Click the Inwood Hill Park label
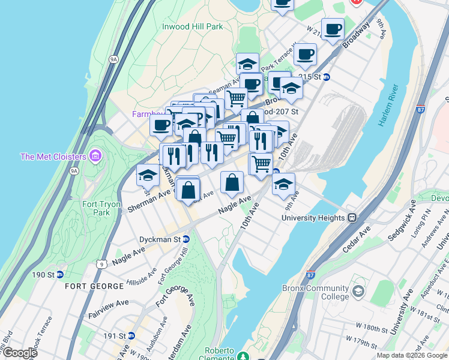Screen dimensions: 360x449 192,26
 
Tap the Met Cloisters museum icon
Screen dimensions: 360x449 95,157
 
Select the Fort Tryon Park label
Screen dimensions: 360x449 97,208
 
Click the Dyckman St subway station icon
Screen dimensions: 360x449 186,239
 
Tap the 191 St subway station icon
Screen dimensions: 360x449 131,335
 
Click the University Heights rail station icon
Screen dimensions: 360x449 353,218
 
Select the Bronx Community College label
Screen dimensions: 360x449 315,292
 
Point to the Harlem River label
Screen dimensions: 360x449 388,104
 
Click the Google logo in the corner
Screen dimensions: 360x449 20,353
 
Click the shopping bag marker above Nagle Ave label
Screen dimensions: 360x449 232,182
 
